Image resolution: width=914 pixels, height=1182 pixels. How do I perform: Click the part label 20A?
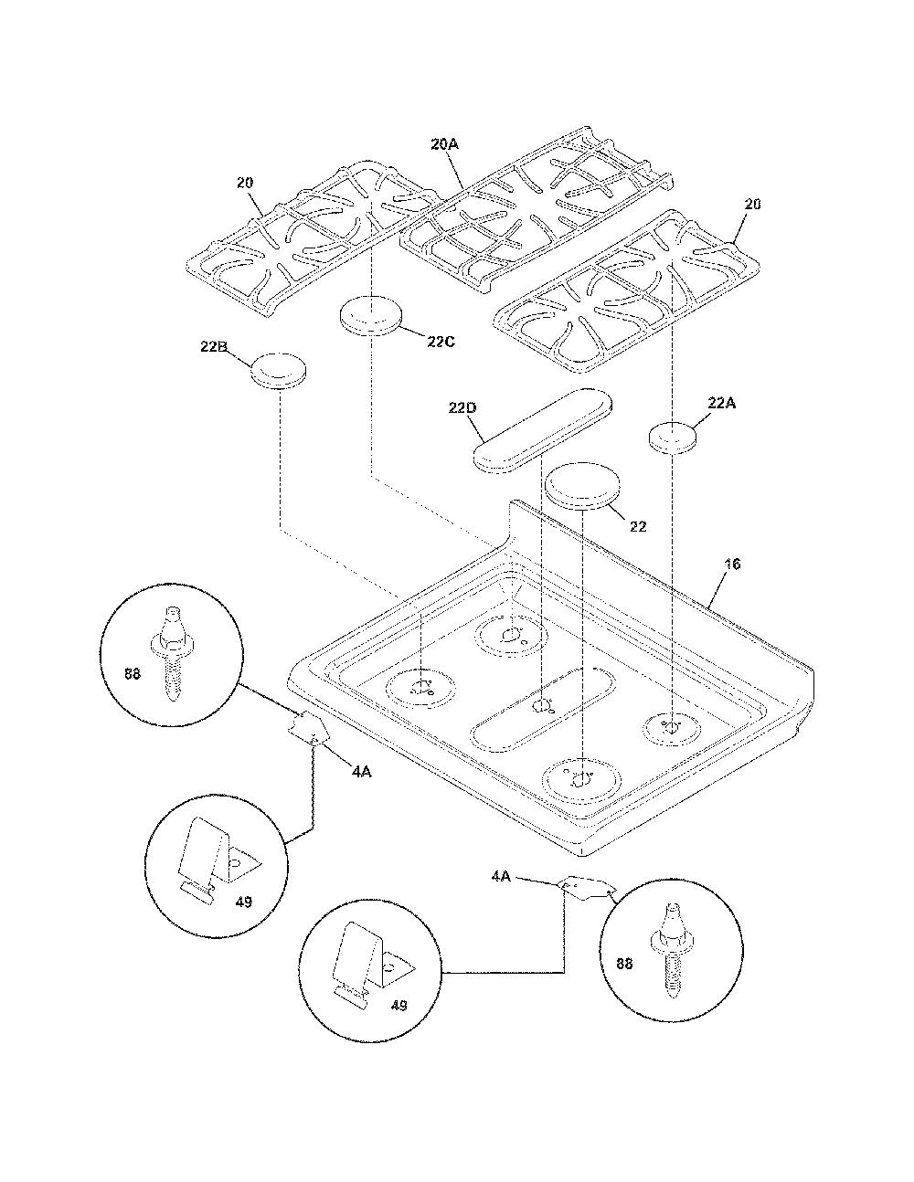(x=445, y=144)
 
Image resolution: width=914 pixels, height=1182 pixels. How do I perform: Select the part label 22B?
(x=214, y=346)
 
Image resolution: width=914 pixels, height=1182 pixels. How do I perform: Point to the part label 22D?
(x=462, y=408)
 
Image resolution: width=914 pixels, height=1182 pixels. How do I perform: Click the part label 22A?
(x=721, y=403)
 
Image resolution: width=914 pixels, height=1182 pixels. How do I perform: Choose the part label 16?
(x=733, y=565)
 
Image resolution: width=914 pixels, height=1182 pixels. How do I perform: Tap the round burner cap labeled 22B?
(x=279, y=372)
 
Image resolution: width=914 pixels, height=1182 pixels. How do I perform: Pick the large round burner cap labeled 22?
(x=583, y=486)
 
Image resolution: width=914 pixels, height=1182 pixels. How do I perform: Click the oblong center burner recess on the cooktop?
(x=544, y=710)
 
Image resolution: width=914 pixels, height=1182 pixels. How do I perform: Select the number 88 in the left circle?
(x=133, y=673)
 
